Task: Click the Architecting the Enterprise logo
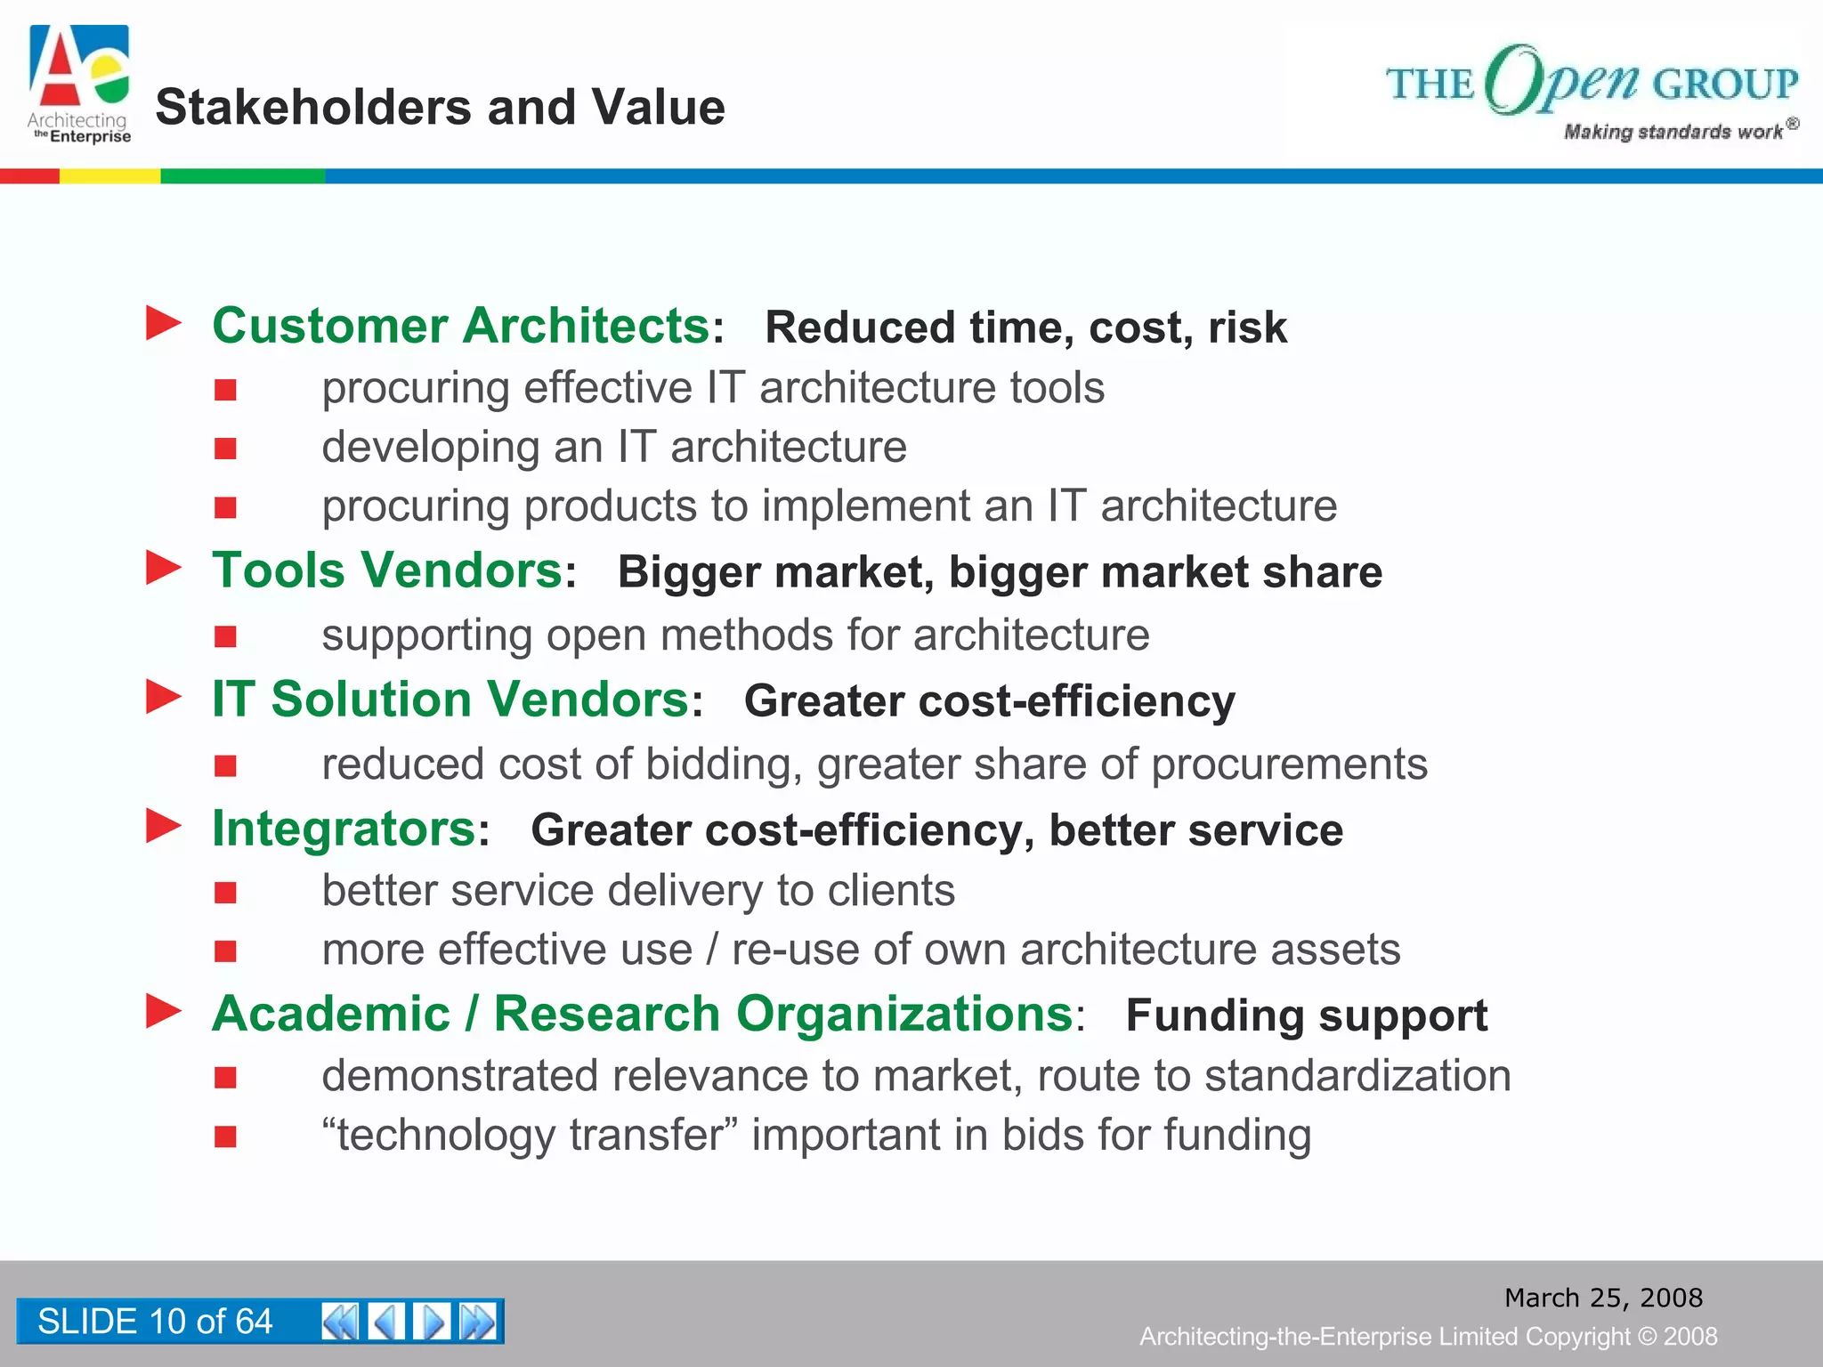(80, 85)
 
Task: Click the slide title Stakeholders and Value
(440, 108)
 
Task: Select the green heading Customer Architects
(460, 326)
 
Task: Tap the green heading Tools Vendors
(386, 570)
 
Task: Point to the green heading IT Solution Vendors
(450, 700)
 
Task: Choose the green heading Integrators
(344, 829)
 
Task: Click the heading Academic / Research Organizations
(642, 1015)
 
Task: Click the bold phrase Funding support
(1306, 1015)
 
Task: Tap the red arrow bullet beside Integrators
(164, 826)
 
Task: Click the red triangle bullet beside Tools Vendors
(164, 568)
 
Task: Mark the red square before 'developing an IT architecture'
(225, 449)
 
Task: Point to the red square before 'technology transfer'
(225, 1136)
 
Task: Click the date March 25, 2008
(1603, 1298)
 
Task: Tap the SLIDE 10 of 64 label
(155, 1322)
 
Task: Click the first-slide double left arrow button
(339, 1322)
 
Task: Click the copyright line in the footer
(1428, 1337)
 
